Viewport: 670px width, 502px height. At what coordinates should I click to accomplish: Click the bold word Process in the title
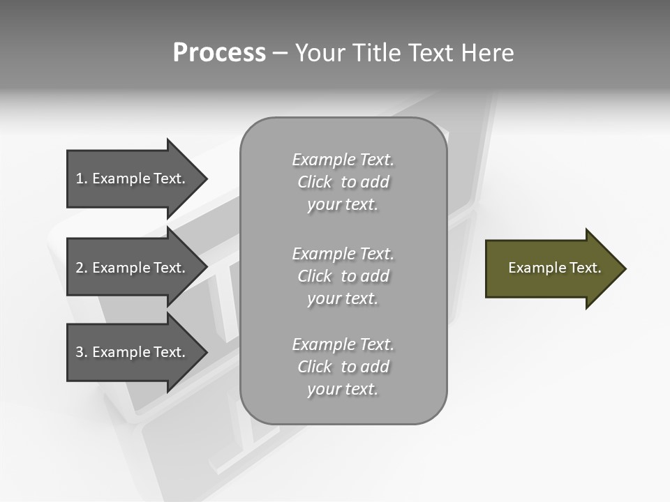click(x=219, y=53)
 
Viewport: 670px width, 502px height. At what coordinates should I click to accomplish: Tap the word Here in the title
click(x=486, y=53)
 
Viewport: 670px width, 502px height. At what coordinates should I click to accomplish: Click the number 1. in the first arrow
click(x=82, y=178)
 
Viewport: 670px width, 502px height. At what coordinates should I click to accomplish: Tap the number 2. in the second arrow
click(x=82, y=268)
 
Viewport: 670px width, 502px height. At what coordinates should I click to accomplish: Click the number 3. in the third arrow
click(x=82, y=352)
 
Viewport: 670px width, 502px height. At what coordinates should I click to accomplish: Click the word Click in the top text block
click(x=315, y=182)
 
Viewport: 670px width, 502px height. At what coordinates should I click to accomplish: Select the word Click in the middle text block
click(x=315, y=276)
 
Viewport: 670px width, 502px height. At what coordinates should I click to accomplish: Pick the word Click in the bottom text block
click(x=315, y=367)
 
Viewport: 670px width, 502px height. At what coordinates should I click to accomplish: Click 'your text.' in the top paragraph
click(x=343, y=205)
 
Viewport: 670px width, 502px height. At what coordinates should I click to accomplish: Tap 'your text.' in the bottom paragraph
click(x=343, y=389)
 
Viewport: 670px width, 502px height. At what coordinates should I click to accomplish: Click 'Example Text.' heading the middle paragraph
click(x=343, y=254)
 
